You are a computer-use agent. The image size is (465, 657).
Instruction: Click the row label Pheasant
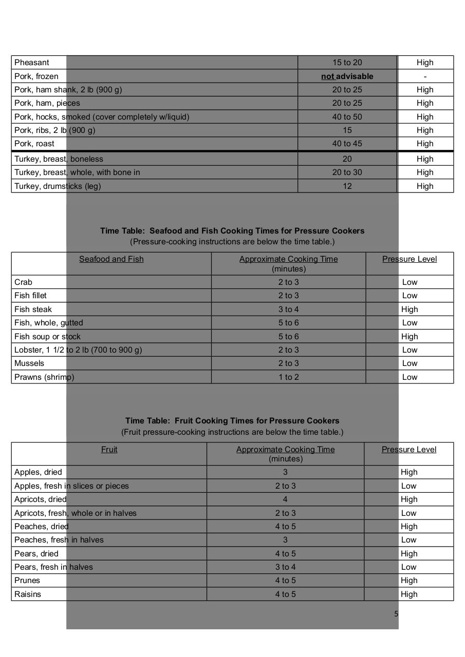pos(32,63)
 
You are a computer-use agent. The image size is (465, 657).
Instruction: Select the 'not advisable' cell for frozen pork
pos(347,76)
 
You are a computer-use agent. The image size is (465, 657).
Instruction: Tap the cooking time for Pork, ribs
pos(347,130)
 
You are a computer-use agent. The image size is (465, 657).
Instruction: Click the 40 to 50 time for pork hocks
pos(347,117)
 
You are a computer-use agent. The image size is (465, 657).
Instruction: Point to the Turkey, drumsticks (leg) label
pos(58,186)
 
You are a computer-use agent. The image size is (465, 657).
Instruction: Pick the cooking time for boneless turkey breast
pos(347,159)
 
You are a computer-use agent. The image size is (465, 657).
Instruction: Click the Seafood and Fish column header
pos(111,259)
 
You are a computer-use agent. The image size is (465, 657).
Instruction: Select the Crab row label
pos(23,282)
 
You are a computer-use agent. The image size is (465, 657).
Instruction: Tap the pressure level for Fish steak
pos(410,310)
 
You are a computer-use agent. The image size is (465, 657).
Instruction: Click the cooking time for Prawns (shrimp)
pos(289,377)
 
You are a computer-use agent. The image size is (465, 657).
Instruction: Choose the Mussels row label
pos(29,363)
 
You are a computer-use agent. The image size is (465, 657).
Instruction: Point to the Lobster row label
pos(78,350)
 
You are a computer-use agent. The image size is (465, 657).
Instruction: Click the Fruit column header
pos(109,450)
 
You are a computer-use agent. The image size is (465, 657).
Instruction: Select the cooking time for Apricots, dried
pos(285,499)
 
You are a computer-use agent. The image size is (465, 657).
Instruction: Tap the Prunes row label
pos(27,581)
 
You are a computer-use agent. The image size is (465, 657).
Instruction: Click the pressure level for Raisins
pos(409,594)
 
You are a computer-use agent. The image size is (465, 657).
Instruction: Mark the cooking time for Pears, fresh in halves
pos(285,567)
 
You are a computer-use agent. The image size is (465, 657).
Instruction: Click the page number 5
pos(396,614)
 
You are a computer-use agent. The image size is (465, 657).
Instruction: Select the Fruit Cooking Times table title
pos(232,421)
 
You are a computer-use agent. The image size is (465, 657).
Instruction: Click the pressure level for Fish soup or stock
pos(410,337)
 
